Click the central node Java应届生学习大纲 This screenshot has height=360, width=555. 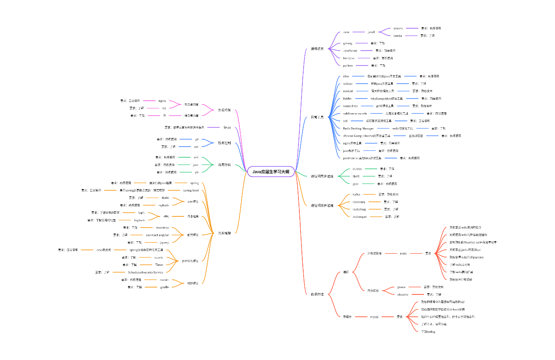coord(271,171)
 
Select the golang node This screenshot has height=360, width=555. coord(348,43)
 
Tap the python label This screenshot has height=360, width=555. coord(348,66)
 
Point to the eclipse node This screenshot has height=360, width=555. coord(348,84)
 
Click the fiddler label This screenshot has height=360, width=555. coord(347,99)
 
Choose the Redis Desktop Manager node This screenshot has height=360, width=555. coord(358,128)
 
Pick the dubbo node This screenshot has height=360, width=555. coord(357,169)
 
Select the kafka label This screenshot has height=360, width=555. coord(356,194)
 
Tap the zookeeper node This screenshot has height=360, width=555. coord(359,216)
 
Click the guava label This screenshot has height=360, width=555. coord(401,287)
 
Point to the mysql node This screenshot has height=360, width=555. coord(374,317)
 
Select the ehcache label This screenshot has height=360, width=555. coord(403,294)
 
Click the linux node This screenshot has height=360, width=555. coord(227,127)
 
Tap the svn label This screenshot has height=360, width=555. coord(197,146)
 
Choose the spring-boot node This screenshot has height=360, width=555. coord(191,190)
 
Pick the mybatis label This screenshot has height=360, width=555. coord(164,205)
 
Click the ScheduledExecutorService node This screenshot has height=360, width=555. coord(146,272)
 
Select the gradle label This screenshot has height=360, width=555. coord(164,287)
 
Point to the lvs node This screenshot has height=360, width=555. coord(164,108)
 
